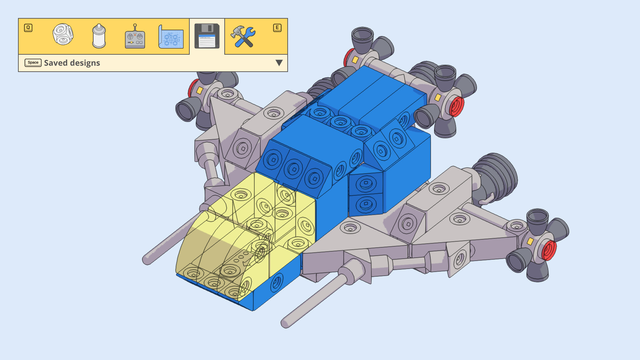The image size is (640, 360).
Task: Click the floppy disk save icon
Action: coord(207,36)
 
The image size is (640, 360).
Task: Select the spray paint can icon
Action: coord(99,36)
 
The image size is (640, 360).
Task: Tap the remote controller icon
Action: coord(135,37)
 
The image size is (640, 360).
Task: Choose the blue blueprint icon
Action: coord(171,37)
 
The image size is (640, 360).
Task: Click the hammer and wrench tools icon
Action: coord(243,36)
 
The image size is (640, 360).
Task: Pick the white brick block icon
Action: coord(63,34)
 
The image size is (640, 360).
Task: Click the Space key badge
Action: coord(33,63)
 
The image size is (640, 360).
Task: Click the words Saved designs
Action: coord(72,63)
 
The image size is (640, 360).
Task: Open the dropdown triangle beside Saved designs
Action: coord(279,63)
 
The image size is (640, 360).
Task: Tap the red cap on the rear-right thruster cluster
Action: coord(456,106)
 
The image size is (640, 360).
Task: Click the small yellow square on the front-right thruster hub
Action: coord(530,241)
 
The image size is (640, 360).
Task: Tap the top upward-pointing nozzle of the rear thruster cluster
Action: coord(362,35)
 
